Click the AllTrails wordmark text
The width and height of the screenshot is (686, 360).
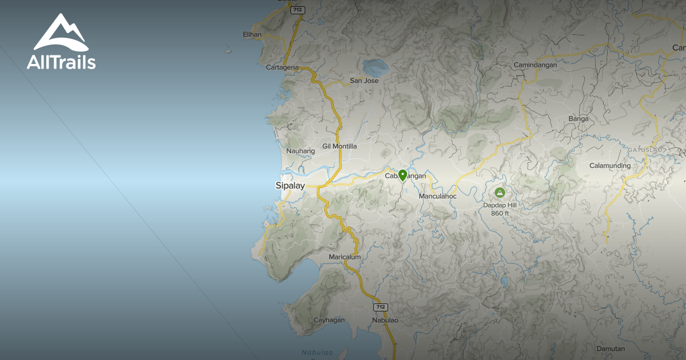click(61, 62)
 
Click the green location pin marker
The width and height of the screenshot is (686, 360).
click(402, 175)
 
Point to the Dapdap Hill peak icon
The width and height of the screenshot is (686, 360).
click(500, 193)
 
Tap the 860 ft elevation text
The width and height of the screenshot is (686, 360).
click(500, 213)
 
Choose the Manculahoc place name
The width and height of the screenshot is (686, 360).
click(438, 197)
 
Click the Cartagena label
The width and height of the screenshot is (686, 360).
click(282, 67)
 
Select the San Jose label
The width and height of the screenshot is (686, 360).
click(364, 81)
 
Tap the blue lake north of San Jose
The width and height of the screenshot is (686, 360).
click(377, 67)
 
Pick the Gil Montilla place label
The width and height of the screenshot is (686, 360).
click(340, 146)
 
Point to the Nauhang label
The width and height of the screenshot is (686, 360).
click(301, 151)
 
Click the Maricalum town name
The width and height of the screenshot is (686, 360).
click(345, 257)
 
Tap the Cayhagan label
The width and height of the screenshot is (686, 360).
click(329, 320)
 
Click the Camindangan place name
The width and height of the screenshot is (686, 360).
click(536, 65)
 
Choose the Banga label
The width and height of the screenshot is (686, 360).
click(579, 119)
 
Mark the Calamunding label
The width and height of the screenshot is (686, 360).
click(611, 166)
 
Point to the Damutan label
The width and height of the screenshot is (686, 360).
click(611, 349)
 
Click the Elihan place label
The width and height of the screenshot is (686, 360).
click(252, 34)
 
